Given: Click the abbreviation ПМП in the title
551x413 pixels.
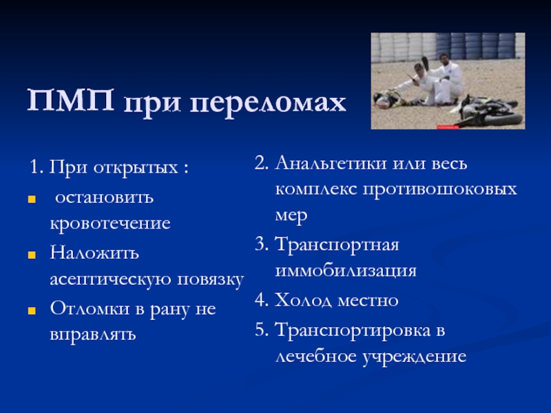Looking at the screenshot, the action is [x=71, y=100].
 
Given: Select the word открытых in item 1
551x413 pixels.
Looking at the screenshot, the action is [x=135, y=168].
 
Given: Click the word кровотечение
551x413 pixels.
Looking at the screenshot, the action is [x=110, y=223].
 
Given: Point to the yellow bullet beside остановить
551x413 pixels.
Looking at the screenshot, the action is [x=32, y=200].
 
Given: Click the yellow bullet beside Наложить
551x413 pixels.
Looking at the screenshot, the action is [x=32, y=255].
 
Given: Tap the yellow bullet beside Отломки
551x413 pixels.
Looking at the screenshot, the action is [x=32, y=310].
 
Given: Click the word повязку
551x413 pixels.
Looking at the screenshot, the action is [x=210, y=281].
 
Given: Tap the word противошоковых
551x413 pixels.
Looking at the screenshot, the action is [x=439, y=190].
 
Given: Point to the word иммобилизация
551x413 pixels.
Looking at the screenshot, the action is [x=346, y=271].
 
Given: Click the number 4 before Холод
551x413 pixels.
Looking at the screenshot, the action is [x=260, y=300].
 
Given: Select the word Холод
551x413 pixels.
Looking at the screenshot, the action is [x=303, y=301].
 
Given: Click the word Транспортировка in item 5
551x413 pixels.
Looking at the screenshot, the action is [x=353, y=331].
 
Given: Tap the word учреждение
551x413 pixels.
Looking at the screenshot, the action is [x=415, y=358].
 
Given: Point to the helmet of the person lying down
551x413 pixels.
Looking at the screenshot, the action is [x=381, y=99].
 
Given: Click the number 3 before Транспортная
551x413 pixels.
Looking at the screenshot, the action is [x=260, y=244].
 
